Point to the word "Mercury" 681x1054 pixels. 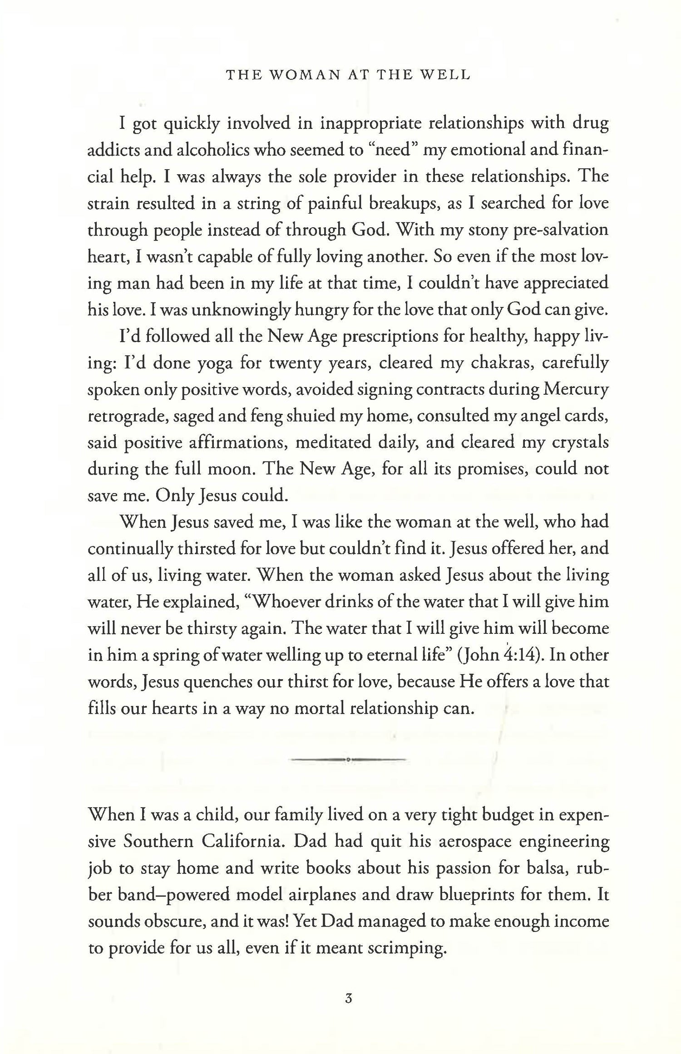575,390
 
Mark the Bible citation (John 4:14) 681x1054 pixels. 497,656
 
